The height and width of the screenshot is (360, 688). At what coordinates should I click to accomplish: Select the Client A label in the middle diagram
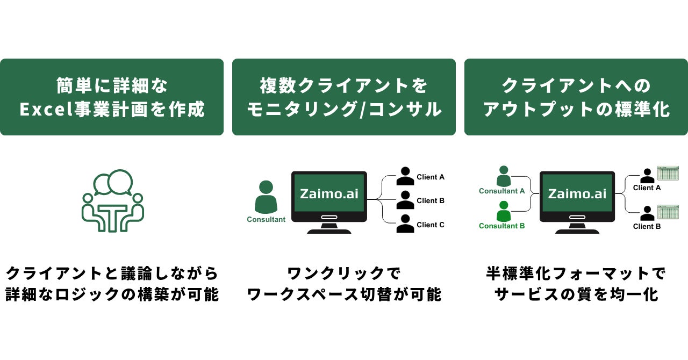coord(431,177)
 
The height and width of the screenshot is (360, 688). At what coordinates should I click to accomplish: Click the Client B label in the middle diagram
coord(431,201)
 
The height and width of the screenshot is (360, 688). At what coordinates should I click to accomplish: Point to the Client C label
coord(431,225)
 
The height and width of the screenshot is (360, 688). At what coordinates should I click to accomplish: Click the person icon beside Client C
coord(405,224)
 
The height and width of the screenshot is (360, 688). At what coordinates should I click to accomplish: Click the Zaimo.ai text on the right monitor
coord(577,193)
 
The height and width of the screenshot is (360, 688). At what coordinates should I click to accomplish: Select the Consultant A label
coord(502,191)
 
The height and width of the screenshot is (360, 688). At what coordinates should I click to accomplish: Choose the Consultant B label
coord(502,226)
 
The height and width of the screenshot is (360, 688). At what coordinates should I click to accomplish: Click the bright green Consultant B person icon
coord(503,211)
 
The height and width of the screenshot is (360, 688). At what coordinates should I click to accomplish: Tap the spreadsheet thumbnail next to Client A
coord(668,174)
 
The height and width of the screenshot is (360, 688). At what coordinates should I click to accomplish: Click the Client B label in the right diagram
coord(647,227)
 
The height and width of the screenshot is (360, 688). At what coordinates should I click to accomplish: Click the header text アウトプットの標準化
coord(576,109)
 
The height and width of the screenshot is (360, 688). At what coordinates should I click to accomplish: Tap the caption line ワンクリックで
coord(344,273)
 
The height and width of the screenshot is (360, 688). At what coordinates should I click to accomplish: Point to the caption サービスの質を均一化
coord(576,294)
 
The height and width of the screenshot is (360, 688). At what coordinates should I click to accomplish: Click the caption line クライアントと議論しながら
coord(112,273)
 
